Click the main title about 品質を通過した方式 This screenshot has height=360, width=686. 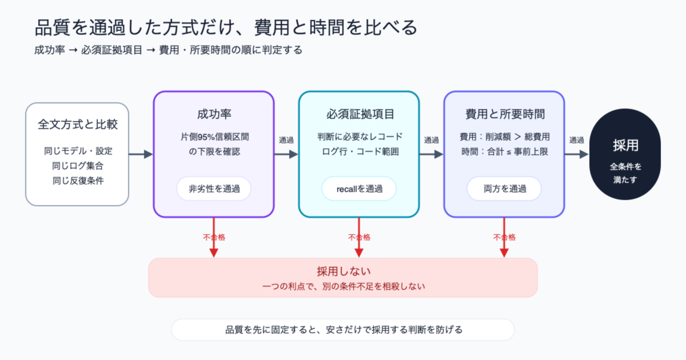pyautogui.click(x=226, y=27)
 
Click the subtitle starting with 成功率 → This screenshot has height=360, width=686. pyautogui.click(x=168, y=50)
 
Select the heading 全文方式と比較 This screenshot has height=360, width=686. pyautogui.click(x=78, y=125)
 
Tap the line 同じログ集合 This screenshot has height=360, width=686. pyautogui.click(x=78, y=166)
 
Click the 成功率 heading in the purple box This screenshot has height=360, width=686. pyautogui.click(x=214, y=114)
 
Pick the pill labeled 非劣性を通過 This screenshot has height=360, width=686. pyautogui.click(x=214, y=189)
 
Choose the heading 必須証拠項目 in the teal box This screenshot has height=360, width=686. pyautogui.click(x=360, y=114)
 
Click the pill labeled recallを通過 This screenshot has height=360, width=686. pyautogui.click(x=359, y=189)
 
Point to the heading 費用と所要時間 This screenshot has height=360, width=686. pyautogui.click(x=505, y=114)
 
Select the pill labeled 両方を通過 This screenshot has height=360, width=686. pyautogui.click(x=504, y=189)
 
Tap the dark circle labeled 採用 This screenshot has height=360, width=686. pyautogui.click(x=625, y=154)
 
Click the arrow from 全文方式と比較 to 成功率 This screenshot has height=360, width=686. pyautogui.click(x=141, y=154)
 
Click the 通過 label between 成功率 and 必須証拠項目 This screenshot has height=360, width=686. pyautogui.click(x=286, y=140)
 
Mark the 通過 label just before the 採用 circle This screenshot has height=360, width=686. pyautogui.click(x=576, y=140)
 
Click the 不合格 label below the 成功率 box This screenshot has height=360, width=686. pyautogui.click(x=214, y=237)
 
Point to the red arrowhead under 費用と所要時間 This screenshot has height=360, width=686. pyautogui.click(x=504, y=253)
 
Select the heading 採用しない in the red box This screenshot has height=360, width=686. pyautogui.click(x=344, y=271)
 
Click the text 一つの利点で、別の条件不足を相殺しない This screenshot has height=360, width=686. pyautogui.click(x=344, y=286)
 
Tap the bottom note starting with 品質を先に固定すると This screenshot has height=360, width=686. pyautogui.click(x=344, y=330)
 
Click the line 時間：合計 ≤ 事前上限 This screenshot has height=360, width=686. pyautogui.click(x=504, y=152)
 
